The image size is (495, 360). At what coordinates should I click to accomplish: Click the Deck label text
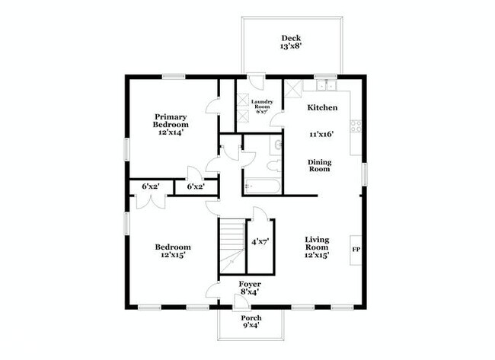291,38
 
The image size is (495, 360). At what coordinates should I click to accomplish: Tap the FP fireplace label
356,249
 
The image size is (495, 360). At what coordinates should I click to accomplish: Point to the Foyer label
251,283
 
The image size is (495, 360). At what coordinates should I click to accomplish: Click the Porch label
251,317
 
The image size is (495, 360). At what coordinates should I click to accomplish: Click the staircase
231,245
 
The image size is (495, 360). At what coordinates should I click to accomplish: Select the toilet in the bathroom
273,164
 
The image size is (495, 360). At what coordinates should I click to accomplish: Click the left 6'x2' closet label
150,186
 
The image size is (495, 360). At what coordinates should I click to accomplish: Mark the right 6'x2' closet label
196,186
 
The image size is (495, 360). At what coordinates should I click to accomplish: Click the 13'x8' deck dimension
291,47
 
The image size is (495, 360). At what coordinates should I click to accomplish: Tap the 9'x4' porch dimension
251,326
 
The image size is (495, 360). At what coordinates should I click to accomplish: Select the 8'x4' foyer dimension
251,292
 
